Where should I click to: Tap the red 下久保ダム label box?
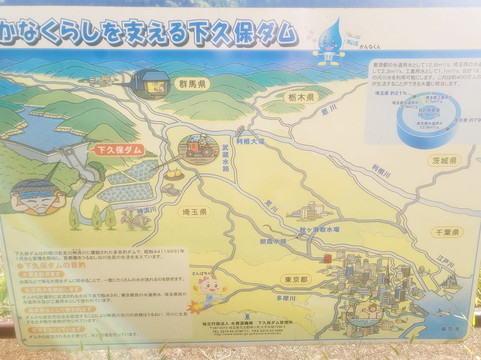[x=118, y=149]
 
